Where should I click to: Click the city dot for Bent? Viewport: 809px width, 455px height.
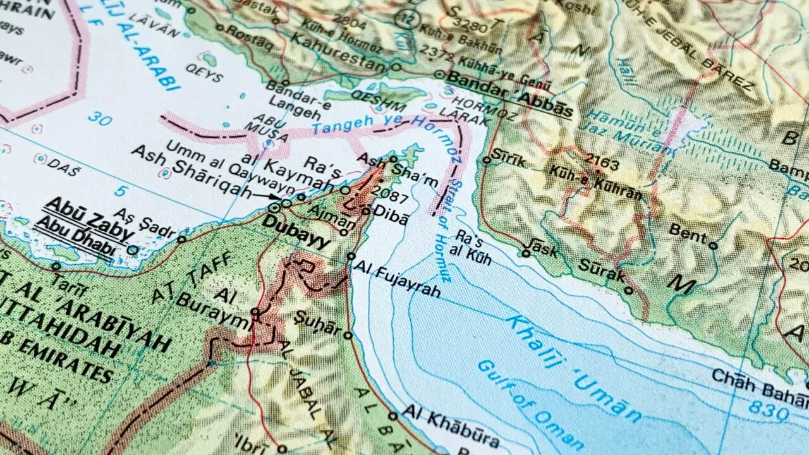713,246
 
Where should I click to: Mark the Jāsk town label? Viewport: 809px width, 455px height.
544,248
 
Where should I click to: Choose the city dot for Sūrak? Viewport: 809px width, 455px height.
628,291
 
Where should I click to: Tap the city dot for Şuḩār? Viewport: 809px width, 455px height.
347,336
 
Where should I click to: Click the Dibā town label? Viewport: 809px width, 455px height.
392,214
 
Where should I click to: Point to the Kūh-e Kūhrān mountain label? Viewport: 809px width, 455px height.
595,183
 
